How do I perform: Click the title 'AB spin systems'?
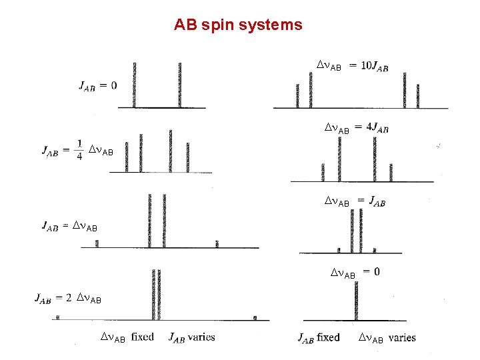238,25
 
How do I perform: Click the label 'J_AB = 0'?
97,85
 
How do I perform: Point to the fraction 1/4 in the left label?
79,150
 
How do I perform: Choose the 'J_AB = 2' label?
53,299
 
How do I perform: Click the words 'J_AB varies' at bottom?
192,337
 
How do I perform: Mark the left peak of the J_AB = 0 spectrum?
135,85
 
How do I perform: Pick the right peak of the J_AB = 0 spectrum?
179,85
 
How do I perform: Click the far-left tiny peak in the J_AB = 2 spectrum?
58,318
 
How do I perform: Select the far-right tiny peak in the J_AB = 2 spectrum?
255,318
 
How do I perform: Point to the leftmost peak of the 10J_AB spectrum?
297,95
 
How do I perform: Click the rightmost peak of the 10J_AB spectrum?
418,95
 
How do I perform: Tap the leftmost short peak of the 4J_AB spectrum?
323,172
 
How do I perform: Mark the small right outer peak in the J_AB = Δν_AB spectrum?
217,244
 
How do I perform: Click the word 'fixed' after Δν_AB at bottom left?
143,337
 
